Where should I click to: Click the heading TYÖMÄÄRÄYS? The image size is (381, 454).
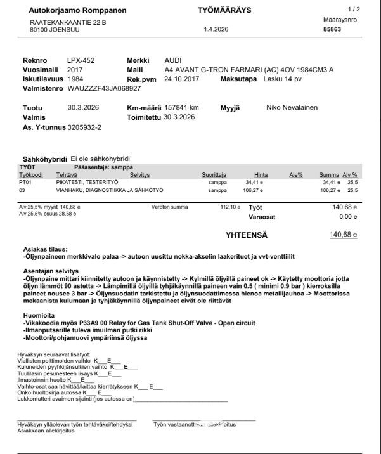(224, 11)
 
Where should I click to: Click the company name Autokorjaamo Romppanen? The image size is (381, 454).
(78, 11)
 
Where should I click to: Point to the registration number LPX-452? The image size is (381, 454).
(81, 60)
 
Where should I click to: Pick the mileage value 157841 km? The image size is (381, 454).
(181, 108)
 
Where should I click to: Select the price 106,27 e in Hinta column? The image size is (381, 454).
(254, 189)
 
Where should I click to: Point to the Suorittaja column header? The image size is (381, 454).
(214, 174)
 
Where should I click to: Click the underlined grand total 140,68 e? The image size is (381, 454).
(344, 235)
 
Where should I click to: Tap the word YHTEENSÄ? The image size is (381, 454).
(247, 235)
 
